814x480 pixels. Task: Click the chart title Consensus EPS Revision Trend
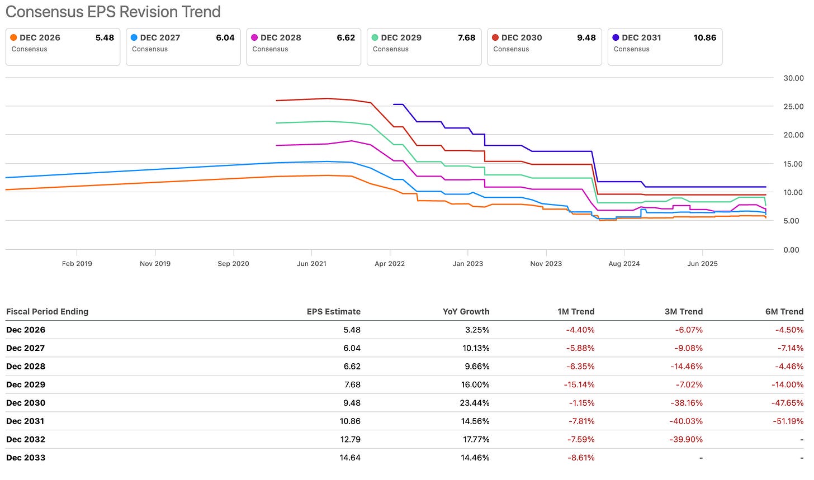click(x=113, y=12)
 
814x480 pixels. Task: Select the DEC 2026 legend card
click(x=63, y=46)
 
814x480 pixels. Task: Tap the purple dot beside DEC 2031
click(x=616, y=37)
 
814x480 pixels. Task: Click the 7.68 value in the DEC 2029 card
click(x=466, y=37)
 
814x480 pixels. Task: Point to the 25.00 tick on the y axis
click(x=793, y=106)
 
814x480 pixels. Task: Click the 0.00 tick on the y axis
click(x=791, y=250)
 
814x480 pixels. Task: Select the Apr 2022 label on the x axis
click(x=390, y=264)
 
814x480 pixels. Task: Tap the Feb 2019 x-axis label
click(x=77, y=264)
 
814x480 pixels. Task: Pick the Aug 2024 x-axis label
click(x=624, y=264)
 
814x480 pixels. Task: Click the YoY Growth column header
click(x=466, y=312)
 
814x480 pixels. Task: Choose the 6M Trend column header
click(x=784, y=312)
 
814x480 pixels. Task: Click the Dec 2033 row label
click(x=26, y=458)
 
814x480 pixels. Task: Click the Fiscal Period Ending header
click(x=47, y=312)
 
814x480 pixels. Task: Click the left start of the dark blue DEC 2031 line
click(x=394, y=104)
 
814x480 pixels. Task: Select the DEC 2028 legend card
click(x=304, y=46)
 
